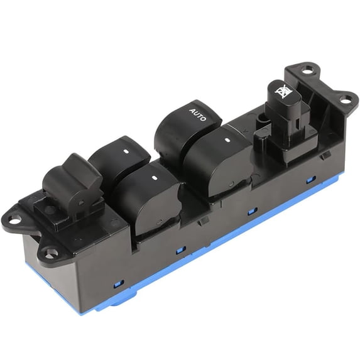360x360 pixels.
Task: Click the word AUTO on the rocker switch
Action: coord(198,114)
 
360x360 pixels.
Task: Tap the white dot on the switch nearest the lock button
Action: coord(227,139)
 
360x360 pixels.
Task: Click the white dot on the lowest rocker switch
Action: coord(154,177)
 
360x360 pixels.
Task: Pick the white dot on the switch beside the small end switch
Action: coord(126,151)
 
